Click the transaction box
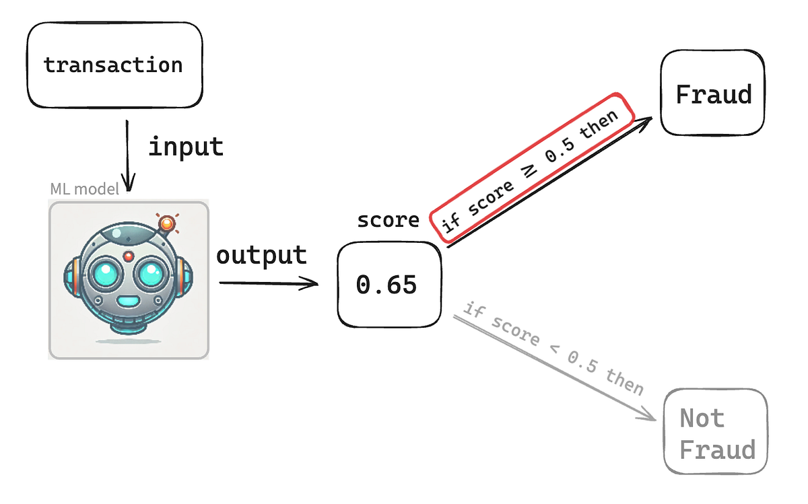click(x=114, y=65)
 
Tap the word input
click(x=186, y=146)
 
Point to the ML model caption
click(x=84, y=189)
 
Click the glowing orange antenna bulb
click(x=166, y=223)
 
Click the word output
click(x=261, y=255)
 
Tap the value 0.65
click(x=386, y=285)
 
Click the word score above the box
click(x=389, y=220)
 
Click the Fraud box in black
click(x=713, y=94)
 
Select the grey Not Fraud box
click(x=716, y=433)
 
